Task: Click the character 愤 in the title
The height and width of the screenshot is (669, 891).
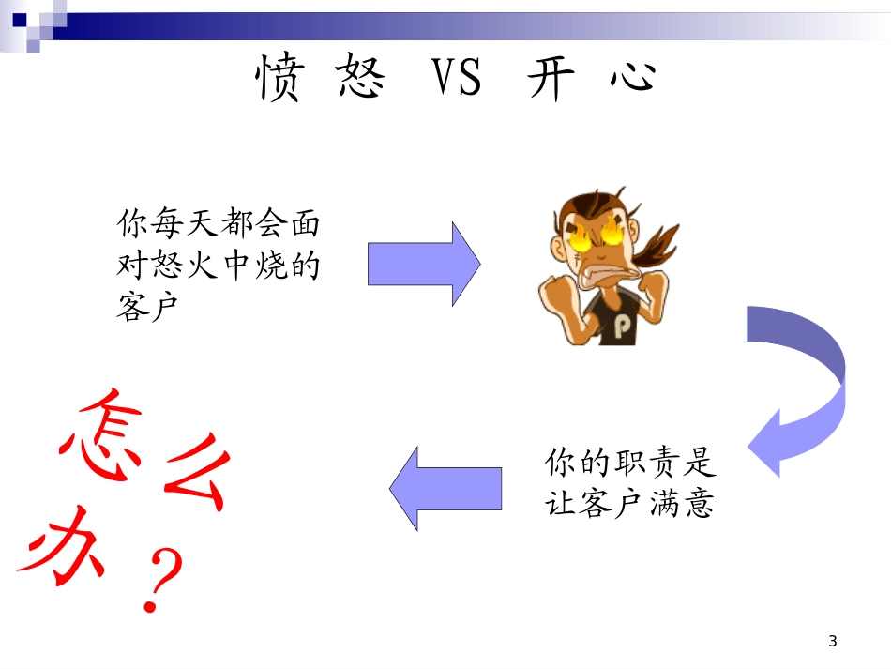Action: [279, 79]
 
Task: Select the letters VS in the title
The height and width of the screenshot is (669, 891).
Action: [457, 79]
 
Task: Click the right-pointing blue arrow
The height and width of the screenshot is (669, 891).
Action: [424, 264]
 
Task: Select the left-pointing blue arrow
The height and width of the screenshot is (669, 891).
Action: [445, 489]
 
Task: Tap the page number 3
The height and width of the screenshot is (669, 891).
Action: [832, 642]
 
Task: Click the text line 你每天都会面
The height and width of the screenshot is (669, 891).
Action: [218, 224]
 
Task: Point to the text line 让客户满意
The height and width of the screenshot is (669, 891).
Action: [629, 504]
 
